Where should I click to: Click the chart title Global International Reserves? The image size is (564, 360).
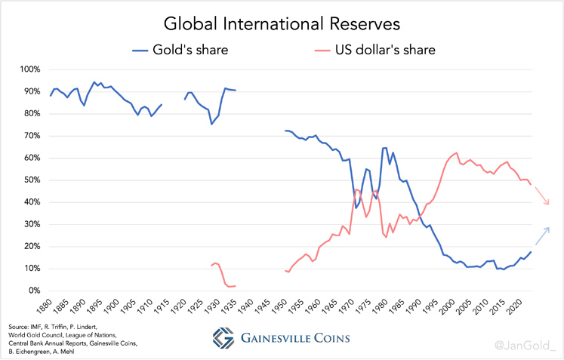point(281,24)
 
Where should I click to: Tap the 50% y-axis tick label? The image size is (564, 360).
point(30,180)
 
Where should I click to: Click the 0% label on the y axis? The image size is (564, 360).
point(32,291)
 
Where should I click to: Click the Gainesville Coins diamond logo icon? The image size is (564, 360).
point(223,337)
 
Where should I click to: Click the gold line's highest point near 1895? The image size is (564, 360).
point(94,82)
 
